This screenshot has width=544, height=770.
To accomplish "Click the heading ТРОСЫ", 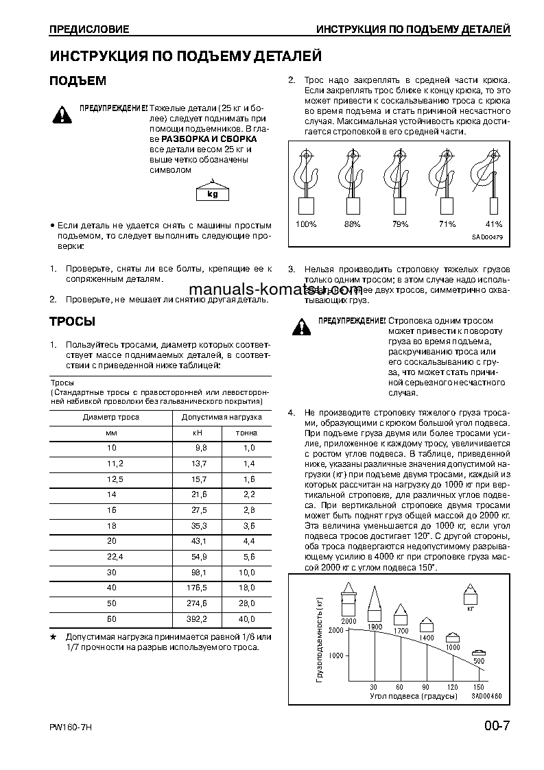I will click(x=72, y=322).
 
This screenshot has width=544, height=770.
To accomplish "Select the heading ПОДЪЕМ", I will click(x=78, y=81).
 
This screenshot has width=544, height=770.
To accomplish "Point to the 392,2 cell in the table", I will click(x=197, y=618).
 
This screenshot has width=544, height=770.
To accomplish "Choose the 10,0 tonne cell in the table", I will click(x=246, y=553).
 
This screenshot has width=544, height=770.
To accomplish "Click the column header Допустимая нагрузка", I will click(x=222, y=417).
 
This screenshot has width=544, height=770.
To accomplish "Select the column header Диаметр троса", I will click(x=111, y=417).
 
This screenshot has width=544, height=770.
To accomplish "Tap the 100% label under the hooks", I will click(x=306, y=224).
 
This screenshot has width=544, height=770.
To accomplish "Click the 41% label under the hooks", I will click(x=493, y=224).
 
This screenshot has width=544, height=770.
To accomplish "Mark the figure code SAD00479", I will click(x=487, y=237).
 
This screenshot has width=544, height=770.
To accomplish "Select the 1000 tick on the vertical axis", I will click(x=335, y=655).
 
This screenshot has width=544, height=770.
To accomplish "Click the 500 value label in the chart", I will click(x=479, y=661).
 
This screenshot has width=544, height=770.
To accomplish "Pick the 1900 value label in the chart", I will click(x=375, y=627).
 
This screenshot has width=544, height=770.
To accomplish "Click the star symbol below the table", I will click(x=53, y=637).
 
